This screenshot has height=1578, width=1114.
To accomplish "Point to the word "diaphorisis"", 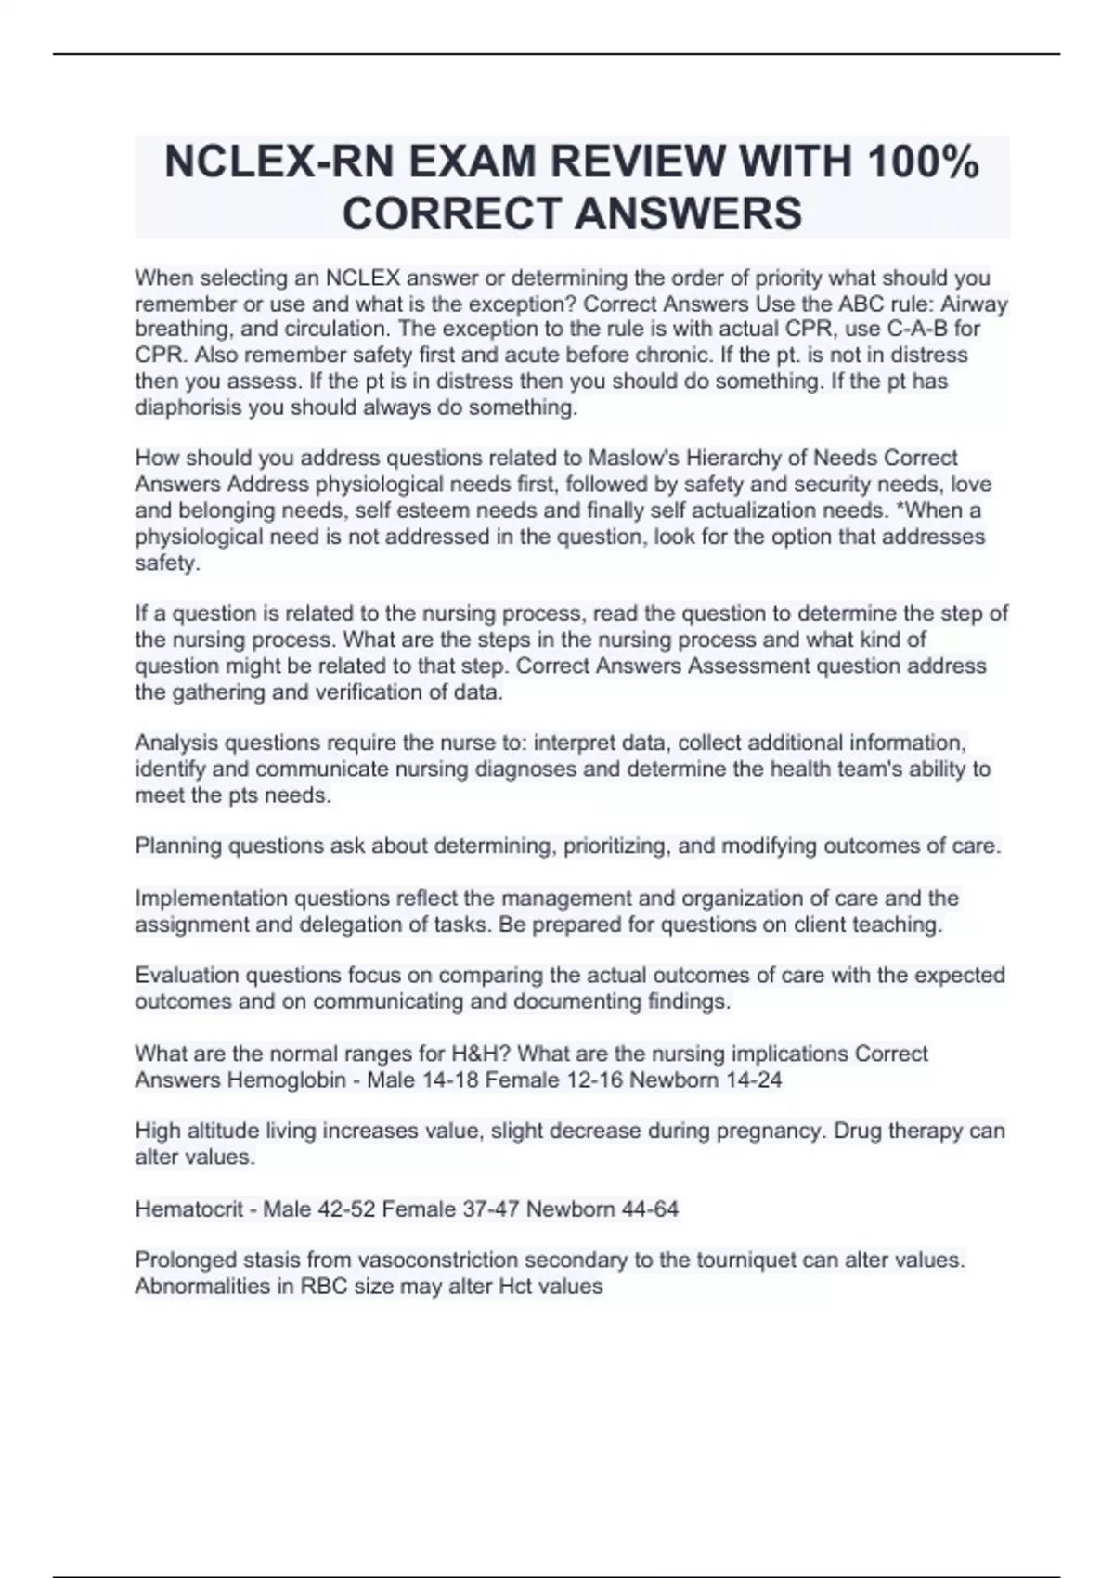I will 188,407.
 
